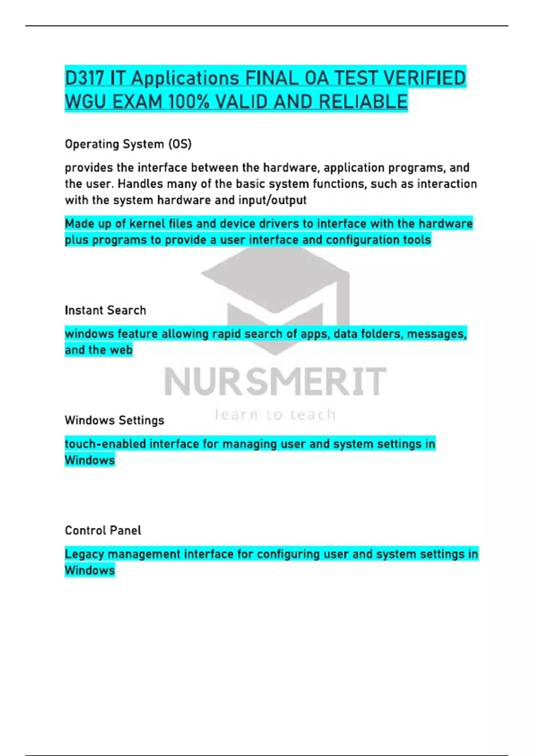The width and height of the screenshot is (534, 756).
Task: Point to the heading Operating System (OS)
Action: click(x=128, y=144)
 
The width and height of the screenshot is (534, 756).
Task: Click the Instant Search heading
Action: click(x=105, y=310)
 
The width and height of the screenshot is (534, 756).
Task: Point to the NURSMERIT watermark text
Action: click(x=275, y=382)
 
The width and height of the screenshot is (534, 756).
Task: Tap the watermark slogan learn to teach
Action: click(x=275, y=415)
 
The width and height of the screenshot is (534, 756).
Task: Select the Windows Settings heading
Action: click(x=114, y=420)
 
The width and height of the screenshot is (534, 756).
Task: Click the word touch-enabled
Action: click(x=105, y=444)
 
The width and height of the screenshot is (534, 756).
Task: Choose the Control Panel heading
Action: click(x=103, y=530)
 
